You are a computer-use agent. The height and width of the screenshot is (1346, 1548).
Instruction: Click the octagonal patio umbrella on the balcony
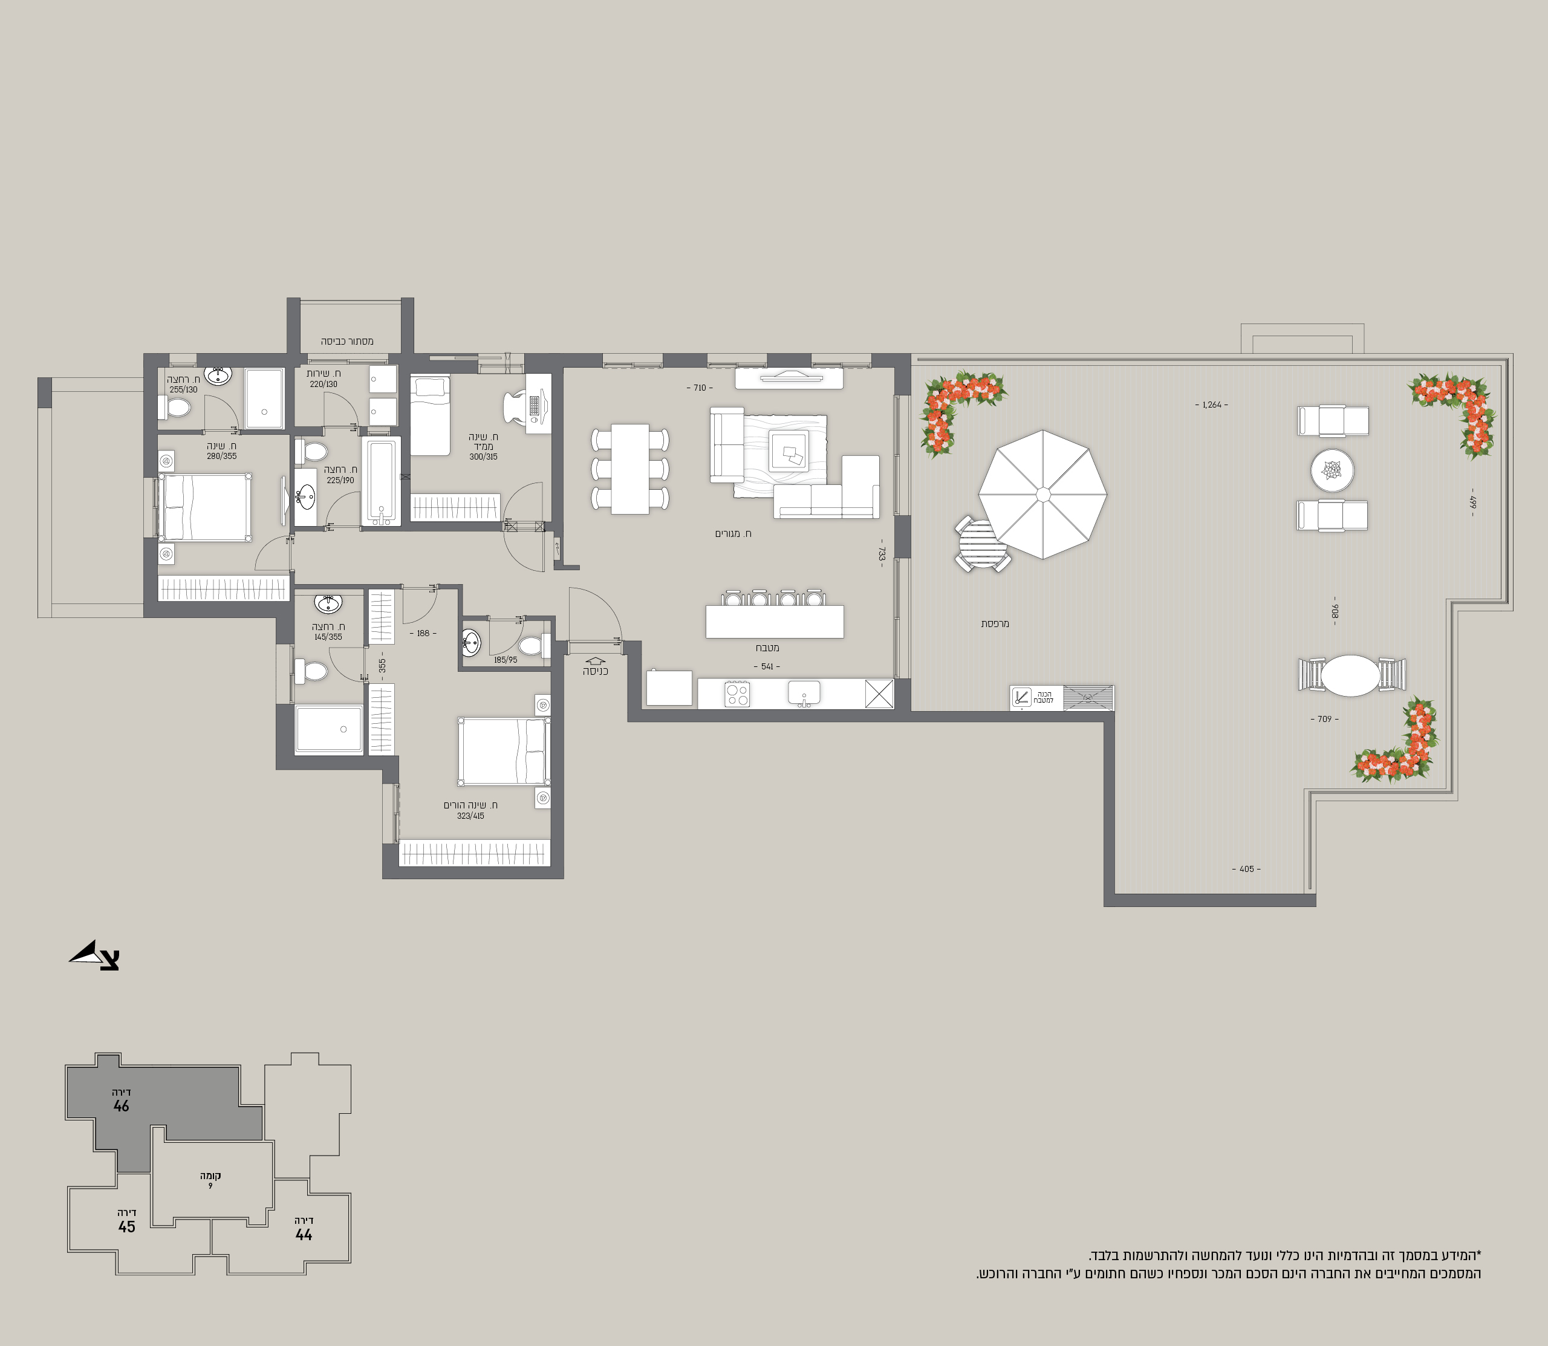coord(1042,494)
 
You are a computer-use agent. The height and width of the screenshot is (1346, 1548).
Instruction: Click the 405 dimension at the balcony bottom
coord(1246,869)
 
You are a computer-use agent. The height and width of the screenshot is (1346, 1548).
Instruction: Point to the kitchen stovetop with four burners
coord(737,694)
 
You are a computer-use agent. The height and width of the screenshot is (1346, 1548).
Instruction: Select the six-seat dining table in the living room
coord(630,469)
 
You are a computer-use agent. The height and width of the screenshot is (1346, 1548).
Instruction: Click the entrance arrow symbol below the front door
coord(595,662)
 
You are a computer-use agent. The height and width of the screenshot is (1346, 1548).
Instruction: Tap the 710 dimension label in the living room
coord(699,388)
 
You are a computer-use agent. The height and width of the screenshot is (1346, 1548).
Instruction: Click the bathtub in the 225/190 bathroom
coord(381,481)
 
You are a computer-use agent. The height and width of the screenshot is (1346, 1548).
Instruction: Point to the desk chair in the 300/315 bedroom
coord(517,408)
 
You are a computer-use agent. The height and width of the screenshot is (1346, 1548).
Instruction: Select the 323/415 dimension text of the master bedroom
coord(470,816)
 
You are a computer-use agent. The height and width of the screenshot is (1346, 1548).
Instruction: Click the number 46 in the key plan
coord(121,1105)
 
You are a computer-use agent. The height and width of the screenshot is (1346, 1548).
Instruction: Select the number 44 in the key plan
coord(304,1234)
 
